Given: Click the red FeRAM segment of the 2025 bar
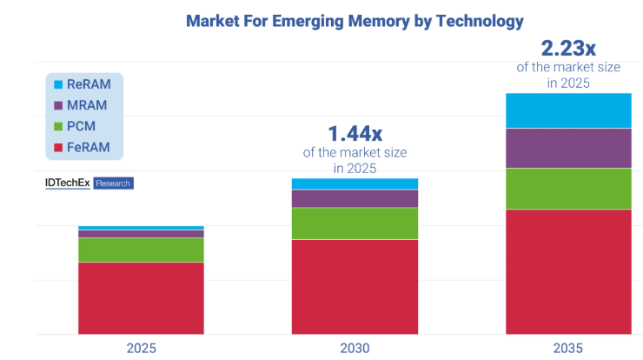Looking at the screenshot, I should pos(141,297).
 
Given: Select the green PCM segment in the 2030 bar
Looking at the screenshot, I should pos(354,223).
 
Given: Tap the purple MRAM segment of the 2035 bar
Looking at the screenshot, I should pos(568,148).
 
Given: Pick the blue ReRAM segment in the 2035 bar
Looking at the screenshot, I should pos(568,110).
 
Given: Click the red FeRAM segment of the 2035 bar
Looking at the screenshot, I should pos(568,271).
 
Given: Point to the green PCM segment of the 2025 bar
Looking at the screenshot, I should pos(141,250).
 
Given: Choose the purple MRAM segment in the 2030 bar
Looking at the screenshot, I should pos(354,198).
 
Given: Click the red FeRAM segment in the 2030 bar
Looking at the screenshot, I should pos(354,286).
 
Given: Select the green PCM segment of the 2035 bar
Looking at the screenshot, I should pos(568,189).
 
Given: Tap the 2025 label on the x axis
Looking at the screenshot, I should pos(141,348).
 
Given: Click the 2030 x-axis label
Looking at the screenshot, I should pos(354,348).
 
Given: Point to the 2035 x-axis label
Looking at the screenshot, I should pos(568,348).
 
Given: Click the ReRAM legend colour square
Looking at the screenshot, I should pos(58,84).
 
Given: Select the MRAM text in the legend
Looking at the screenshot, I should pos(87,105).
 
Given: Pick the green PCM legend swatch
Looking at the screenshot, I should pos(58,126).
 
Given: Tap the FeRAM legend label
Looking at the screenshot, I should pos(89,147).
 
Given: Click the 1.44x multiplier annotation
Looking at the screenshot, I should pos(355,134).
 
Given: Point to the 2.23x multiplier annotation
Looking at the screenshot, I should pos(568,49).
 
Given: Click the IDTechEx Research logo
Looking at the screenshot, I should pos(89,183).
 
